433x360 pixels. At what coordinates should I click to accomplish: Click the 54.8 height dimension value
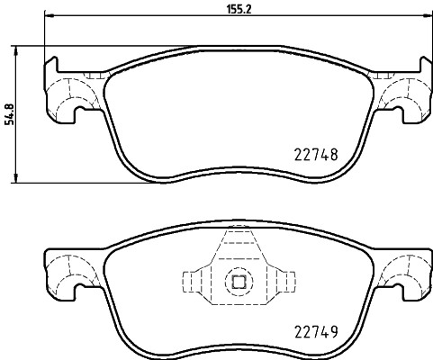pyautogui.click(x=10, y=115)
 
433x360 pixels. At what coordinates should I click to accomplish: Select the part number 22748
pyautogui.click(x=316, y=154)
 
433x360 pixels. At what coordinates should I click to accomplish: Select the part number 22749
pyautogui.click(x=316, y=331)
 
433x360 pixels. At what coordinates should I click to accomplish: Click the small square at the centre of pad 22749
pyautogui.click(x=239, y=281)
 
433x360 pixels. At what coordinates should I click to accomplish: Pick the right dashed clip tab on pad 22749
pyautogui.click(x=284, y=281)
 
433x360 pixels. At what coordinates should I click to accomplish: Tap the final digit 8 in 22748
pyautogui.click(x=333, y=154)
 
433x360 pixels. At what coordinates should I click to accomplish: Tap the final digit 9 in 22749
pyautogui.click(x=333, y=331)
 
